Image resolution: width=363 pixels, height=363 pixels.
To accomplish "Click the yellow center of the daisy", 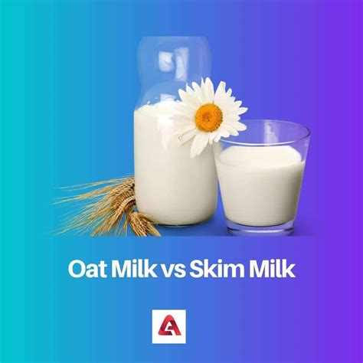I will pos(208,116).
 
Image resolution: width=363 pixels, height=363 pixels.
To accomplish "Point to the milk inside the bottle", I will pos(172,176).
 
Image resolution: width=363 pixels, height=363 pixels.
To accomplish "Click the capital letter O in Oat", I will pos(78,269).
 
